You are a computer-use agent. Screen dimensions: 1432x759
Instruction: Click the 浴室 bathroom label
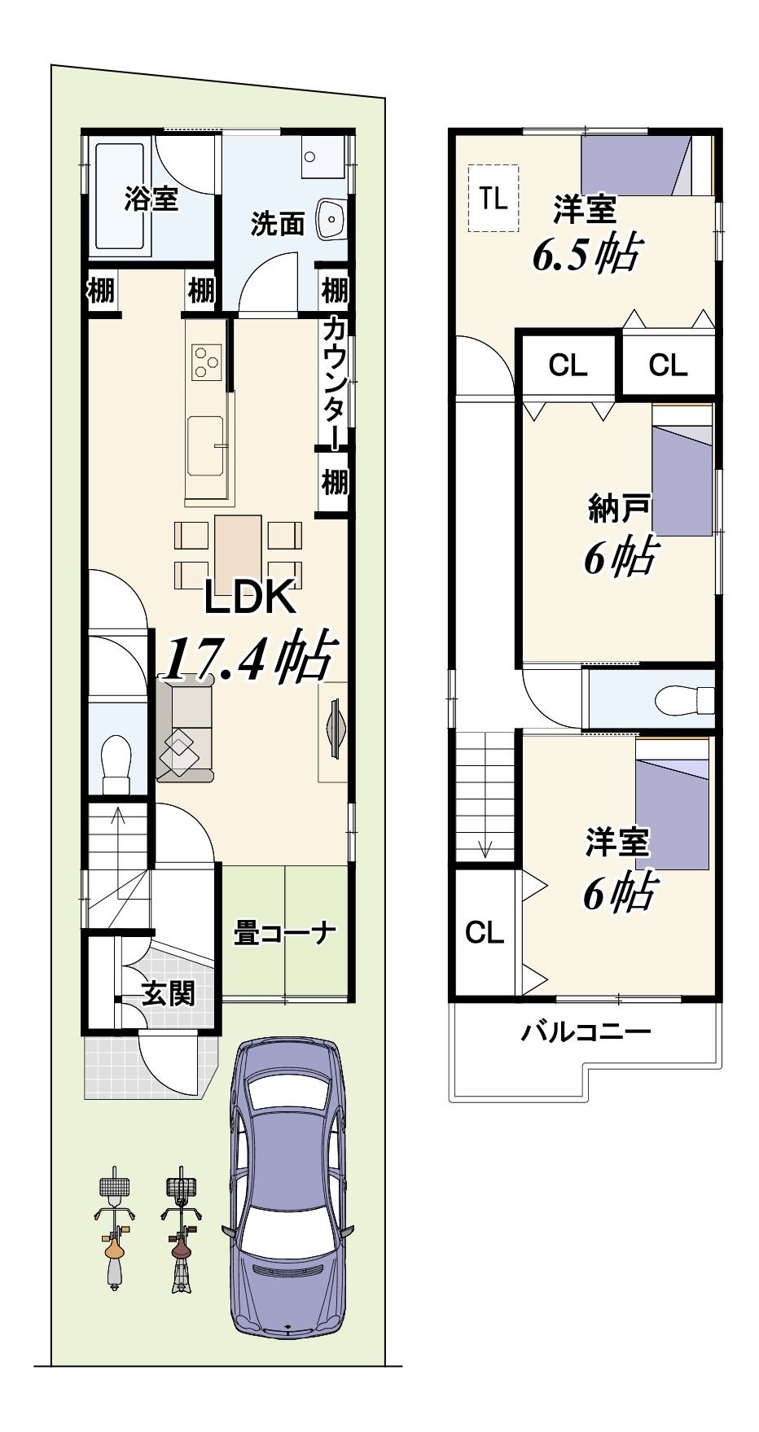pos(151,198)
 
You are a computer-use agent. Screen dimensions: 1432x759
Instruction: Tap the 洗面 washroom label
pos(277,223)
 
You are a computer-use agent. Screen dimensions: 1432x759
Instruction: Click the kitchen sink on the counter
pos(205,445)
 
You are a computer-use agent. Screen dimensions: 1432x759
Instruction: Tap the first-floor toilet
pos(116,763)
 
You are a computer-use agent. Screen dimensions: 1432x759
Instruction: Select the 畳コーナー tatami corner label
pos(285,932)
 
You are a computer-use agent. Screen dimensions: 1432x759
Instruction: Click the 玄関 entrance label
pos(169,992)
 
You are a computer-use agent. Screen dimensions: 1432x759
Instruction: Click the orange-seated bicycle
pos(114,1229)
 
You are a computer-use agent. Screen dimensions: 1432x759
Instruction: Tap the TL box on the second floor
pos(494,198)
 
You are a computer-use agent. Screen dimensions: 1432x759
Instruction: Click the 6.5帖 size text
pos(587,255)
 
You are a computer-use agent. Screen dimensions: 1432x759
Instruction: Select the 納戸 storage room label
pos(618,509)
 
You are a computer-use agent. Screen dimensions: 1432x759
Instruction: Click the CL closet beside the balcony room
pos(485,932)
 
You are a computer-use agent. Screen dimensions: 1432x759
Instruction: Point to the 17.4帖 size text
pos(248,656)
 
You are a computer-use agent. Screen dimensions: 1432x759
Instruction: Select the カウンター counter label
pos(335,383)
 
